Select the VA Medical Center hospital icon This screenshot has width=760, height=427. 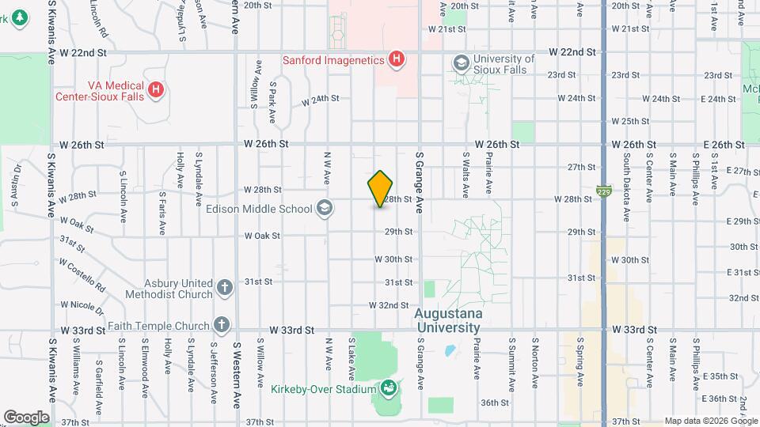click(156, 89)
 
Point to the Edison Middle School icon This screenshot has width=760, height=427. click(323, 209)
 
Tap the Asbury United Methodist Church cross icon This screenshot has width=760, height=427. click(225, 288)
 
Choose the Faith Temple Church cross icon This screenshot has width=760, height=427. click(222, 325)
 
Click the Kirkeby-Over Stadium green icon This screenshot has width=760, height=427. click(388, 388)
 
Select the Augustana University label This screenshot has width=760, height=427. click(447, 320)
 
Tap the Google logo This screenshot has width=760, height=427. click(26, 417)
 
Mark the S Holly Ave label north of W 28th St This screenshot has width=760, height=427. click(180, 168)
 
